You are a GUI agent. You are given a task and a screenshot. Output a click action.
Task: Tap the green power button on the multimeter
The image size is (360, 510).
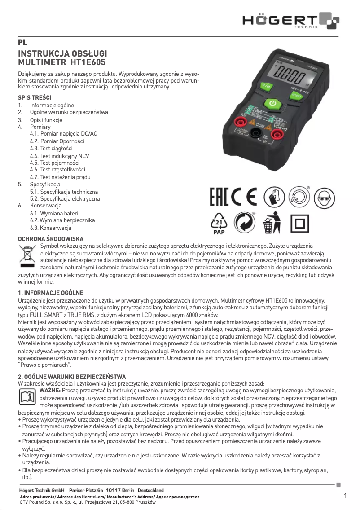[x=272, y=105]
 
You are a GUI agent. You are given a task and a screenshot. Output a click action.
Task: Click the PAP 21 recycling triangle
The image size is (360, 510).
[x=219, y=223]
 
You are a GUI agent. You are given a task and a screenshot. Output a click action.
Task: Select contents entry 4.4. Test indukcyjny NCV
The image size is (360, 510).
[x=59, y=156]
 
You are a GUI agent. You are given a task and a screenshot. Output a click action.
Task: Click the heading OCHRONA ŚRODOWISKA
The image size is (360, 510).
[x=50, y=238]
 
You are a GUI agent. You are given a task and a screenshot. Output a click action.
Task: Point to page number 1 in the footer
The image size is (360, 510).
[x=345, y=496]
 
